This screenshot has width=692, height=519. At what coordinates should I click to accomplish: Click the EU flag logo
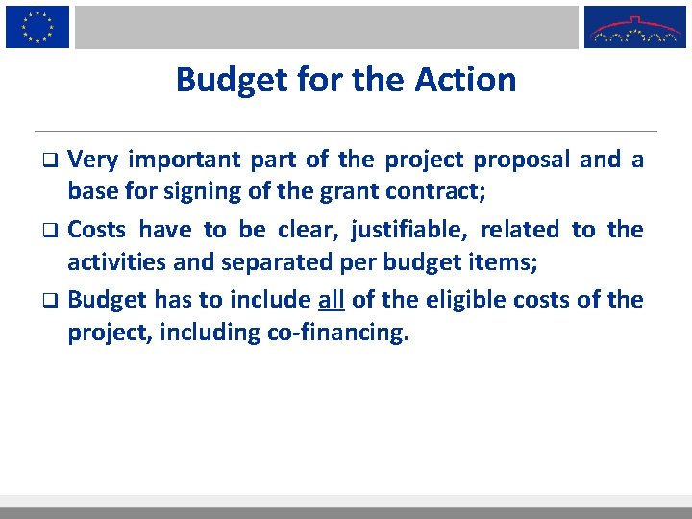click(37, 26)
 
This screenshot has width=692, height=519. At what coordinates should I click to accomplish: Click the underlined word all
click(331, 299)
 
